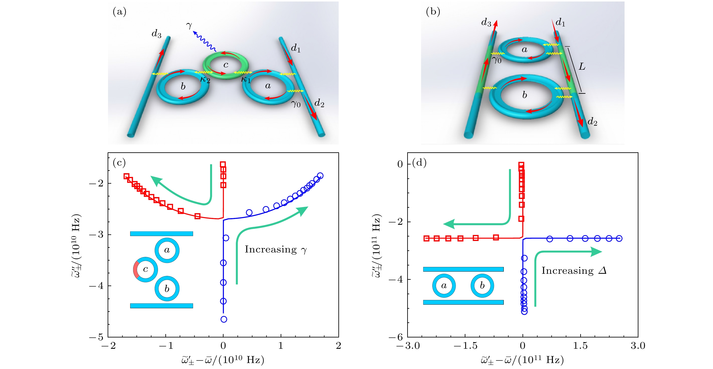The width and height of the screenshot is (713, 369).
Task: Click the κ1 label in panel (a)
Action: pyautogui.click(x=246, y=80)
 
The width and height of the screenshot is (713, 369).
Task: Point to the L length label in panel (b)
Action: pyautogui.click(x=582, y=66)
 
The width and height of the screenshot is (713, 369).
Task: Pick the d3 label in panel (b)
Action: pyautogui.click(x=486, y=22)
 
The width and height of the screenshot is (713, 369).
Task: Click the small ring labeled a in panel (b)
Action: pyautogui.click(x=524, y=50)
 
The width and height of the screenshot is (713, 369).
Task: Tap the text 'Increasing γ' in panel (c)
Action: pyautogui.click(x=276, y=250)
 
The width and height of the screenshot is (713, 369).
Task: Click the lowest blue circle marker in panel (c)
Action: pyautogui.click(x=224, y=319)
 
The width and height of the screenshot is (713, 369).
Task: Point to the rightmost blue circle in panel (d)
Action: pyautogui.click(x=619, y=238)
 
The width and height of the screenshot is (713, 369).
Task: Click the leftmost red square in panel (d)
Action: pyautogui.click(x=427, y=238)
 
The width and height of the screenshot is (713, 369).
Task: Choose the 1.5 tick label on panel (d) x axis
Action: pyautogui.click(x=580, y=346)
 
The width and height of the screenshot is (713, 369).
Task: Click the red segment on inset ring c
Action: pyautogui.click(x=136, y=269)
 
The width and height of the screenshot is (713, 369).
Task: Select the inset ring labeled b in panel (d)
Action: pyautogui.click(x=482, y=286)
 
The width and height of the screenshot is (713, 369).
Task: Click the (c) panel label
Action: pyautogui.click(x=119, y=163)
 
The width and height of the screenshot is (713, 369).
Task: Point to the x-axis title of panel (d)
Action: pyautogui.click(x=522, y=360)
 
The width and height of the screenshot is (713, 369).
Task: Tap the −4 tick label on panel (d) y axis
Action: pyautogui.click(x=396, y=279)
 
